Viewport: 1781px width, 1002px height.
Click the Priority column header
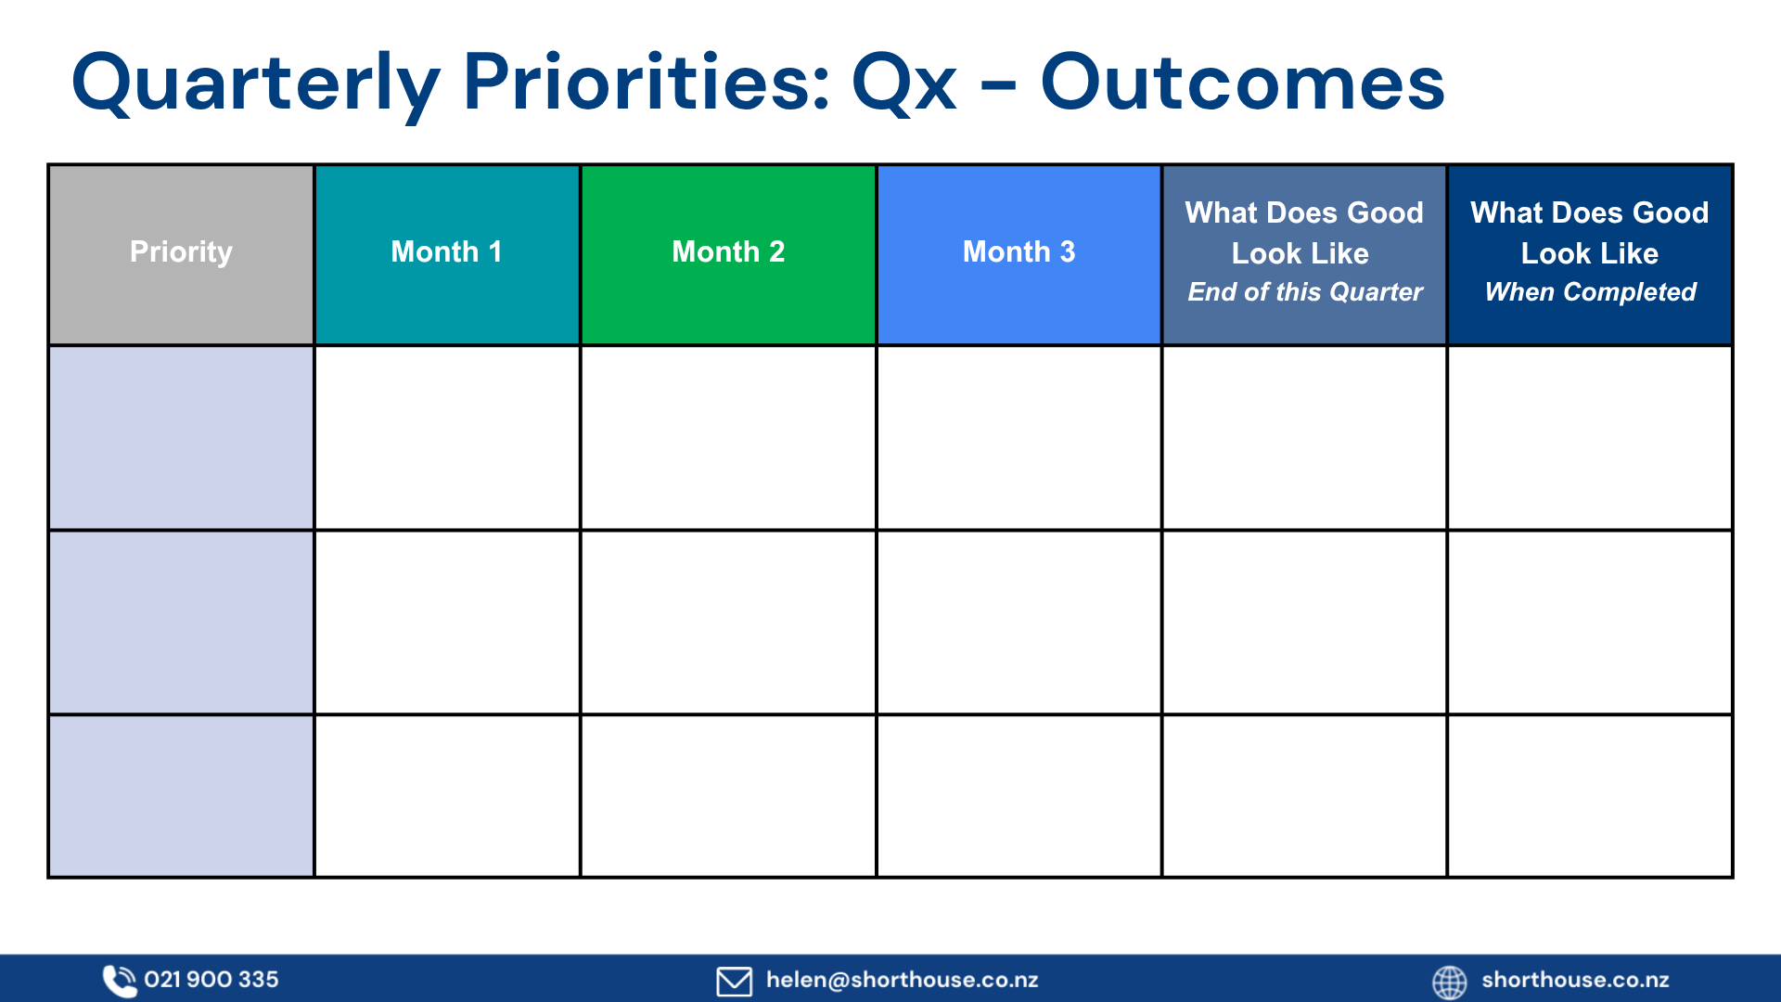181,254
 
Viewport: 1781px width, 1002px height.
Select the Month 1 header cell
447,254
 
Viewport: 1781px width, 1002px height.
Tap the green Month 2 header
728,254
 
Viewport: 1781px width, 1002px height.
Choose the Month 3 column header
1019,254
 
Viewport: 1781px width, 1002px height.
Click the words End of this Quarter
1305,292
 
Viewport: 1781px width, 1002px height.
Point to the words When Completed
1590,292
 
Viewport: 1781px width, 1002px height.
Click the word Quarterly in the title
255,83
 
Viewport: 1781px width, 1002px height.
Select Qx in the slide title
903,83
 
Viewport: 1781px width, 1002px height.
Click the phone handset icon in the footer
119,981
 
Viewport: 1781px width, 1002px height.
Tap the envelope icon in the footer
734,981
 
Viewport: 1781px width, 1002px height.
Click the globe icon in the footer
1449,982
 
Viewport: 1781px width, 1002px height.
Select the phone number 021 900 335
211,980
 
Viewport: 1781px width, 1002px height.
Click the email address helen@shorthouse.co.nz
902,980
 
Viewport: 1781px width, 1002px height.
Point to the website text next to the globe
1575,980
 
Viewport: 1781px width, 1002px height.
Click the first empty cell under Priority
181,438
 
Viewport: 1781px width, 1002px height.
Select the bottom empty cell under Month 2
728,796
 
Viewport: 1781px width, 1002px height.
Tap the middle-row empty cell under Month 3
1019,623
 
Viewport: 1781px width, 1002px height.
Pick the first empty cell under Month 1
447,438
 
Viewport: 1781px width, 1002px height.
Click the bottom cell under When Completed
1590,796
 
